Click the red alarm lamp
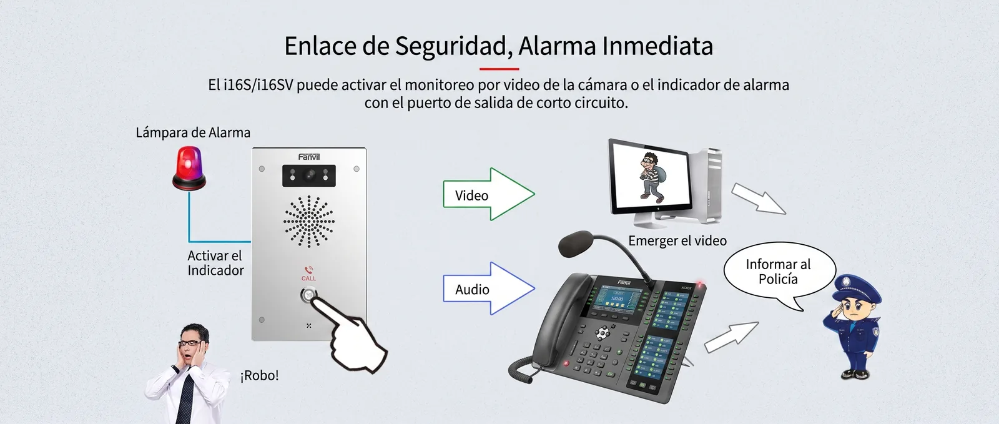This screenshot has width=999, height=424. [189, 169]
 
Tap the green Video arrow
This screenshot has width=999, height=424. [489, 194]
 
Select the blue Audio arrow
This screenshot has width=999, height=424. [489, 288]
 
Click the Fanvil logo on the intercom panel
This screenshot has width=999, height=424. [309, 157]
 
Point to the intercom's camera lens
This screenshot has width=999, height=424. [309, 175]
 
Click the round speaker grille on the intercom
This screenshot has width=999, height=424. [308, 222]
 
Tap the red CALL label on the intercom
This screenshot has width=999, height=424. [308, 279]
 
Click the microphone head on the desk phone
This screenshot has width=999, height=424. [576, 243]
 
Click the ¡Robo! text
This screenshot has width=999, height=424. [260, 375]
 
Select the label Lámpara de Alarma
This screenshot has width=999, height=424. [193, 132]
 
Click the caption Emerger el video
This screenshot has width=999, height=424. [677, 241]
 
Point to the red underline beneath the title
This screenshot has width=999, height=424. [499, 69]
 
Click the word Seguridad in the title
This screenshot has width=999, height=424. [453, 46]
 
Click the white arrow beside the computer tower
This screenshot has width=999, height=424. [759, 199]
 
